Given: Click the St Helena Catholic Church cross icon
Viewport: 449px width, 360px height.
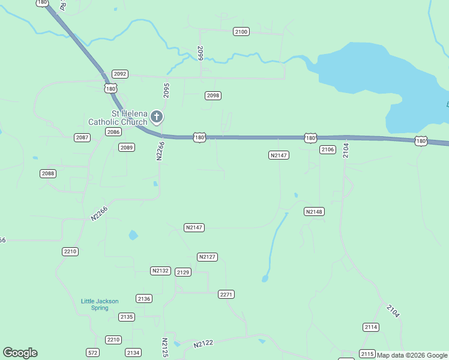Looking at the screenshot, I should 156,116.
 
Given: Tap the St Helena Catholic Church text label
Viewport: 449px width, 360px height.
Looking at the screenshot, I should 118,118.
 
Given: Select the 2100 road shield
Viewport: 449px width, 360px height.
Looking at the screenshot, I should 241,31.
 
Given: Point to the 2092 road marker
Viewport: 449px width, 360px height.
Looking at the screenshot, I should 120,74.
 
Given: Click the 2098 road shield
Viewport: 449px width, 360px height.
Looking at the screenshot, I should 213,95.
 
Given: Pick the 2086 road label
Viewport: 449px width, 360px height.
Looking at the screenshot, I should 113,131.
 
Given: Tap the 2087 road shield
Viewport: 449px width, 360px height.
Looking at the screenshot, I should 82,138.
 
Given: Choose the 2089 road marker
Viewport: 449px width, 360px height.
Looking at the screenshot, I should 126,147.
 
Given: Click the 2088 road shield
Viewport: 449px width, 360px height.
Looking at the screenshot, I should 48,173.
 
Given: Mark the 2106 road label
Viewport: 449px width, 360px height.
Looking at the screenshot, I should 327,149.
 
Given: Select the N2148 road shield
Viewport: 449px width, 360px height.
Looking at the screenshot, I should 314,212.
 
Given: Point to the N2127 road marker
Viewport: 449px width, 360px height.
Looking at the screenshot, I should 207,257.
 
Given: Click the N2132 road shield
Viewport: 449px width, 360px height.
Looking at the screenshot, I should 160,271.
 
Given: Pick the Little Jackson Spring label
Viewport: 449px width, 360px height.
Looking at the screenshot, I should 100,304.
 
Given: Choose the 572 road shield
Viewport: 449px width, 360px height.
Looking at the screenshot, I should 92,352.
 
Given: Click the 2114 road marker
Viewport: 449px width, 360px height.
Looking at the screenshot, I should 371,327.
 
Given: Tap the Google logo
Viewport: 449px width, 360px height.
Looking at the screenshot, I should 20,353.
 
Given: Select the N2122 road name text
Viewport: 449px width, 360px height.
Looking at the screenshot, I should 204,344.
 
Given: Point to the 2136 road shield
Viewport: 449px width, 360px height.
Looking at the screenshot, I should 144,298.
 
